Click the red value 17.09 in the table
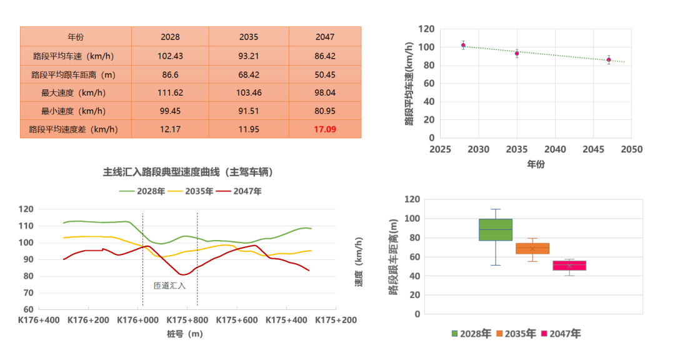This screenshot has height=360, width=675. pyautogui.click(x=325, y=130)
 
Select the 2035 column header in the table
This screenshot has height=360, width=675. pyautogui.click(x=249, y=37)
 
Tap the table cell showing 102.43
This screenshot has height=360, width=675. pyautogui.click(x=170, y=56)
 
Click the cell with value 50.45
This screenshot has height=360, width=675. pyautogui.click(x=325, y=74)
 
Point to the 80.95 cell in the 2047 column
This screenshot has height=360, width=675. pyautogui.click(x=325, y=111)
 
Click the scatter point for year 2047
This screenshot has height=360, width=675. pyautogui.click(x=609, y=60)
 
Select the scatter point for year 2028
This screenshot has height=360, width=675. pyautogui.click(x=463, y=45)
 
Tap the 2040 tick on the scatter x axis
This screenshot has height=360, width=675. pyautogui.click(x=556, y=150)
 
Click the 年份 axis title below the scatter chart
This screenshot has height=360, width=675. pyautogui.click(x=536, y=164)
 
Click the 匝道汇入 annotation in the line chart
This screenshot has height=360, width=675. pyautogui.click(x=170, y=286)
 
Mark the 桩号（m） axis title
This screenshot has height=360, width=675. pyautogui.click(x=185, y=334)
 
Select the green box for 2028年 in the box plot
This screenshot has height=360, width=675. pyautogui.click(x=495, y=229)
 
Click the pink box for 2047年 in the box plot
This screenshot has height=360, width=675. pyautogui.click(x=569, y=266)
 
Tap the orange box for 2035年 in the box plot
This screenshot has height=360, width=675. pyautogui.click(x=532, y=248)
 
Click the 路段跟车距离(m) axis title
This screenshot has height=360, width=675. pyautogui.click(x=393, y=256)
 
